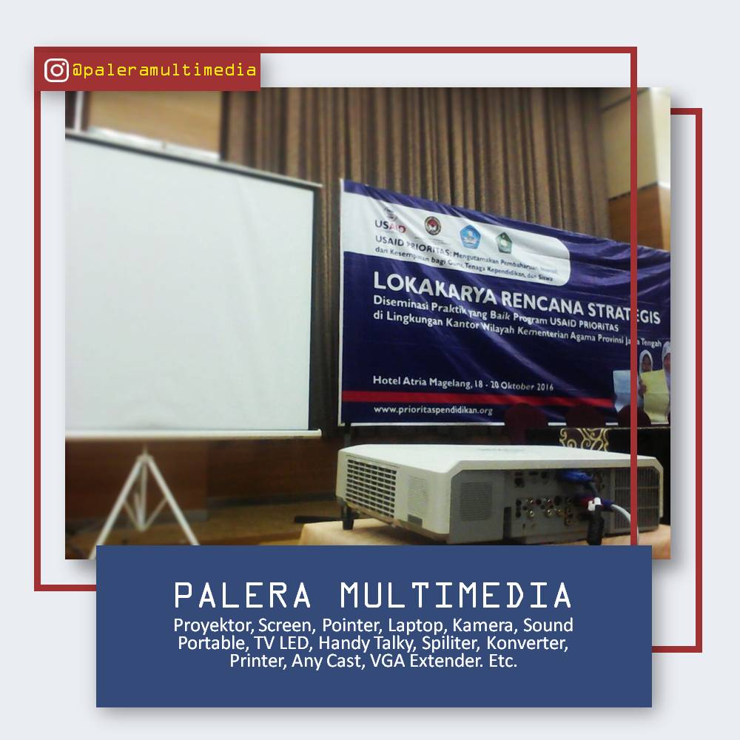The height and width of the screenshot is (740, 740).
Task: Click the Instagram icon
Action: click(56, 70)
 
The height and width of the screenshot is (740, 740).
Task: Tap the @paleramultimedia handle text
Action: click(164, 70)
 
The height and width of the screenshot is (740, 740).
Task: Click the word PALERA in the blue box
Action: click(242, 595)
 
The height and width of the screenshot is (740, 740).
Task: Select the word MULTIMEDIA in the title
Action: click(456, 595)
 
